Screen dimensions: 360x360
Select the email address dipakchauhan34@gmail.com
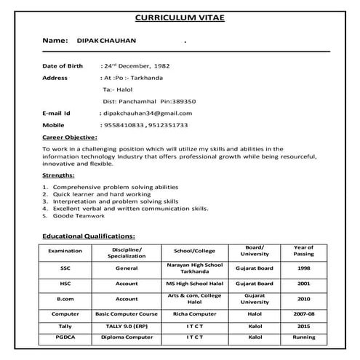(148, 113)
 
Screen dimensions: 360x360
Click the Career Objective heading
(69, 137)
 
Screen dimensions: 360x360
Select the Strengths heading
(58, 175)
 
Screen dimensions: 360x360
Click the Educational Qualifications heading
(89, 236)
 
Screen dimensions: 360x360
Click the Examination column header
(65, 251)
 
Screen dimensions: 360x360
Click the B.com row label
(65, 298)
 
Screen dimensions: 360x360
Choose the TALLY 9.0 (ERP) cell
(127, 327)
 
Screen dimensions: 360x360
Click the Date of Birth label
(63, 65)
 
